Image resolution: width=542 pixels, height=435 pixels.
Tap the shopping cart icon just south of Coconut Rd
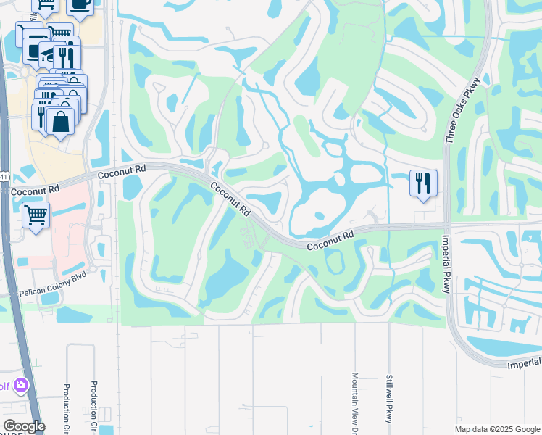36,215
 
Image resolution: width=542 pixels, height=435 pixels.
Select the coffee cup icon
80,4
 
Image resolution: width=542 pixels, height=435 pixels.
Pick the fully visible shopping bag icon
61,121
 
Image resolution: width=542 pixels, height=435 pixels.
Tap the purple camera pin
21,385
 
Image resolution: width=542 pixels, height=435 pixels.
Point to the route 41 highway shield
3,176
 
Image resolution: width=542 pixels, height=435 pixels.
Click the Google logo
24,426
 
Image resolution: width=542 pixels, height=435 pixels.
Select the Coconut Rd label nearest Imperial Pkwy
330,241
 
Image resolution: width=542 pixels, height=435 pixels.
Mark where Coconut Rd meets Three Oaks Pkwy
444,225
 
